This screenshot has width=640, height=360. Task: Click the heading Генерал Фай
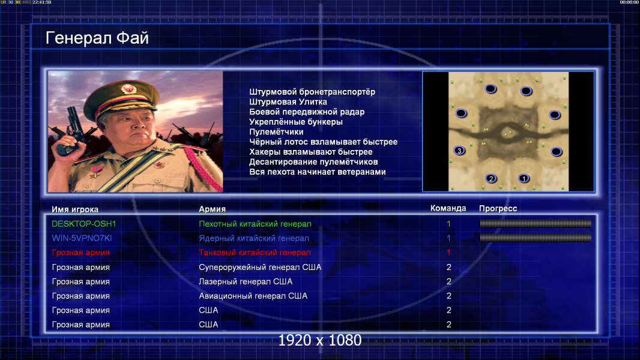[x=97, y=38]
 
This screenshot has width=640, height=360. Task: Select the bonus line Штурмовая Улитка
[x=288, y=102]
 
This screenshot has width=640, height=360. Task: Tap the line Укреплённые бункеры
[x=296, y=122]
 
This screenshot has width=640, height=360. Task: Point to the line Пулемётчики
[x=276, y=131]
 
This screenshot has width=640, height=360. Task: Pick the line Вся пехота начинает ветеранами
[x=318, y=172]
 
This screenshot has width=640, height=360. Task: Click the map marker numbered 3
[x=459, y=151]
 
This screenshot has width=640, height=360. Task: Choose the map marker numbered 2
[x=491, y=178]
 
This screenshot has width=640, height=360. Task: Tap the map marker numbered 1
[x=524, y=178]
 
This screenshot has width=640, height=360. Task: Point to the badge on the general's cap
[x=128, y=89]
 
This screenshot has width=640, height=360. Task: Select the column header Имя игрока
[x=75, y=209]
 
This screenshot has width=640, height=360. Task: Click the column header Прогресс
[x=498, y=208]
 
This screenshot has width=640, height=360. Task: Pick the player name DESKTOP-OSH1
[x=83, y=224]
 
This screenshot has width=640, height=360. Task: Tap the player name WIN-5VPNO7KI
[x=82, y=238]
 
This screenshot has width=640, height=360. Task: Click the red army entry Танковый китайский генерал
[x=255, y=253]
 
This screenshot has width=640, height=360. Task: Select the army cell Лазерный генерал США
[x=246, y=281]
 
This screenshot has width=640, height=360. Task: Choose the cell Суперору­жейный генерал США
[x=260, y=267]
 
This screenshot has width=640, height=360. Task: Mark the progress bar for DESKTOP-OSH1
[x=536, y=223]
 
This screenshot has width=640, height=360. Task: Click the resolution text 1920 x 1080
[x=320, y=340]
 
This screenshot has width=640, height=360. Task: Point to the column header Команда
[x=448, y=208]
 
